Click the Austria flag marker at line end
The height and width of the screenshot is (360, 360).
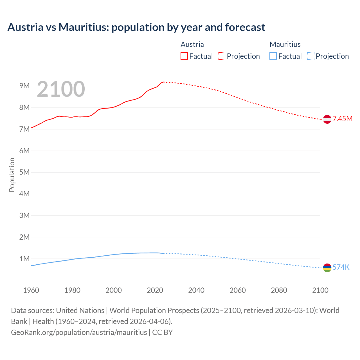click(x=327, y=119)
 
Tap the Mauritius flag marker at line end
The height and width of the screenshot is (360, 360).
click(x=327, y=268)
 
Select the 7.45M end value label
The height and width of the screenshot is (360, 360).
click(x=343, y=119)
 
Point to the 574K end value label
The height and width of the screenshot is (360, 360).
click(x=341, y=267)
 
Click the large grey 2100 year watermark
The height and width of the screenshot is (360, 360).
click(x=61, y=89)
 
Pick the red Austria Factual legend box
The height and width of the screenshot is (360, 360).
click(x=184, y=56)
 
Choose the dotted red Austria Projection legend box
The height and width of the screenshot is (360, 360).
click(x=222, y=56)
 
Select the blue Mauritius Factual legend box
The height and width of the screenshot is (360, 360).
click(x=273, y=56)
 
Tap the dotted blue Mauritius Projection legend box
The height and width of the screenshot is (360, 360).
click(x=310, y=56)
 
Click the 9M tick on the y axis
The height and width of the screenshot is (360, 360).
click(x=24, y=86)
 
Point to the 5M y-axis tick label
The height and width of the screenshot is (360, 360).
click(x=24, y=172)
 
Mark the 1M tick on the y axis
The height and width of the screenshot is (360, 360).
click(x=24, y=259)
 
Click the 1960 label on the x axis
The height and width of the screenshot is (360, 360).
click(x=31, y=290)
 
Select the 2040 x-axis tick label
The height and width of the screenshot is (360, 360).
click(x=196, y=290)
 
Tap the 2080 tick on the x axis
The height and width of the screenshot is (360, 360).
click(x=279, y=290)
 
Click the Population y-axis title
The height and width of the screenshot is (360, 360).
click(x=12, y=175)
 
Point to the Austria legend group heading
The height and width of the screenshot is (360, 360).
click(x=192, y=44)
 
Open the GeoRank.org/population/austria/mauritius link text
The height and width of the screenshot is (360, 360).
click(x=79, y=332)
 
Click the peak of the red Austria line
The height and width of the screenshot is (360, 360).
click(x=163, y=82)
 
